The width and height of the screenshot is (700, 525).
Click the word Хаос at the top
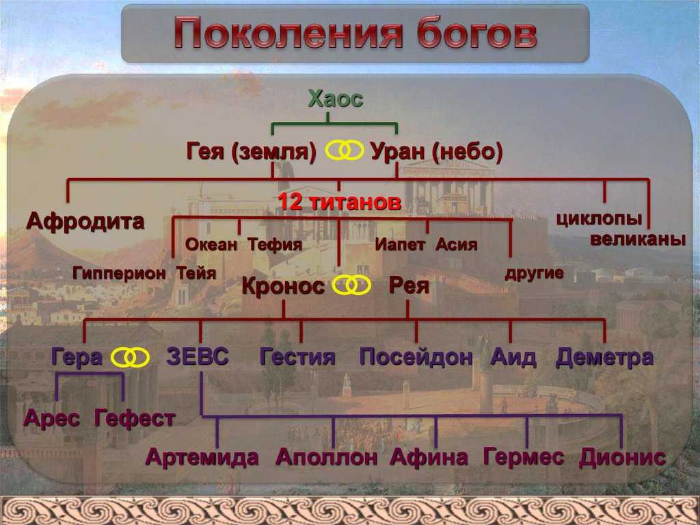coord(335,99)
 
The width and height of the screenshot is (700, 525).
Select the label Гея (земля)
coord(252,151)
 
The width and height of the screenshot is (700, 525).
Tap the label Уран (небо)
coord(437,151)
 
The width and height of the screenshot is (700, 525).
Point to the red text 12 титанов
coord(339,202)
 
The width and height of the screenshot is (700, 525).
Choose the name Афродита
coord(85,221)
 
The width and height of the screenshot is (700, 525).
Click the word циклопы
coord(599,219)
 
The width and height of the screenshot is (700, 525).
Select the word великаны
coord(638,240)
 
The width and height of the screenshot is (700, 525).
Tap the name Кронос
coord(283,286)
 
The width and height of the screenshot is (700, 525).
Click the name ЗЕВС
coord(198,357)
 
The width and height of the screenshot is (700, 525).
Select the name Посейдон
coord(416,357)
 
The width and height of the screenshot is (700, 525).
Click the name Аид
coord(513,357)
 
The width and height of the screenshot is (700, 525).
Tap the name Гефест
coord(135,419)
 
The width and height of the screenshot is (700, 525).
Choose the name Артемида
coord(202,457)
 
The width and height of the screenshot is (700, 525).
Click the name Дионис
coord(622,457)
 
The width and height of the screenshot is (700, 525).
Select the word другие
coord(534,273)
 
